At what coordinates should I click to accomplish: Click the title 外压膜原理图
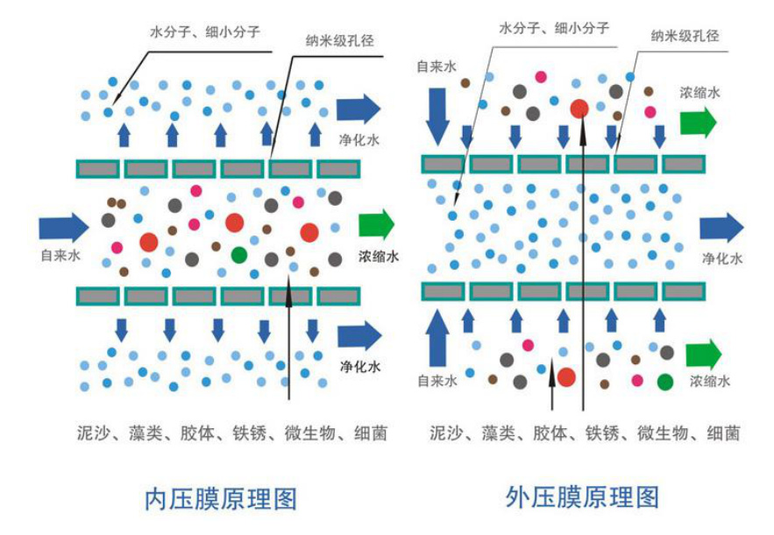[x=583, y=496]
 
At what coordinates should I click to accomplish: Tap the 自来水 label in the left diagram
[x=61, y=256]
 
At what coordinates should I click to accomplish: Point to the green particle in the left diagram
[x=239, y=254]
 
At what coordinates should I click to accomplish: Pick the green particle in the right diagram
[x=665, y=381]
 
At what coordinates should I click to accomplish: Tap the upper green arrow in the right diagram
[x=698, y=122]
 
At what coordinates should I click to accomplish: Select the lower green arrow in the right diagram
[x=703, y=354]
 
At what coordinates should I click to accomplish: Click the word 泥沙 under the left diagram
[x=92, y=433]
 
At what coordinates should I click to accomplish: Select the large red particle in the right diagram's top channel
[x=579, y=109]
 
